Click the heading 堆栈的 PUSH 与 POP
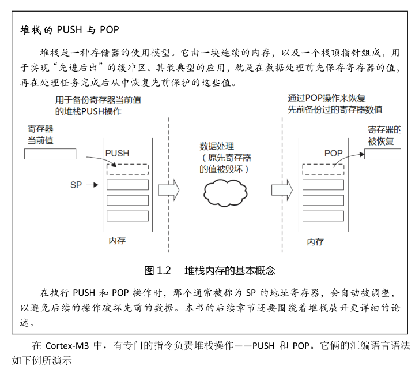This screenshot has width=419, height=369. point(69,29)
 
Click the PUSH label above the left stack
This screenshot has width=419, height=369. point(118,153)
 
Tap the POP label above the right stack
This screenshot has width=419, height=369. point(333,153)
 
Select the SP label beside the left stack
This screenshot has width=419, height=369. point(76,185)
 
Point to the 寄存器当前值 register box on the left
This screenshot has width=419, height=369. point(50,154)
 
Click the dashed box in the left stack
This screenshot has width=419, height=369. point(127,170)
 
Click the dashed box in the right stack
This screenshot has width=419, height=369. point(323,170)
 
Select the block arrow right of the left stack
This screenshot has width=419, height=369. point(169,189)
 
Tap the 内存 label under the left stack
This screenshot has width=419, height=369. point(117,240)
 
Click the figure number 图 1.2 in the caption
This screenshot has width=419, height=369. point(157,270)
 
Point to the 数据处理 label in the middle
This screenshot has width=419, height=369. point(217,146)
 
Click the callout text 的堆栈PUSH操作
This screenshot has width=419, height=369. point(88,111)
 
